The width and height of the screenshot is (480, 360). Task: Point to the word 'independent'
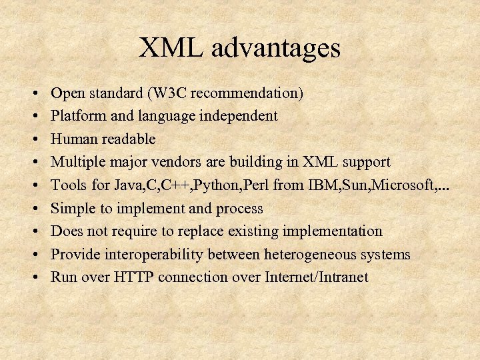click(238, 116)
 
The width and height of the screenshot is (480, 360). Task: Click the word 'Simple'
click(73, 209)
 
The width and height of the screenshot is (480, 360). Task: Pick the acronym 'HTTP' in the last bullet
click(133, 277)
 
